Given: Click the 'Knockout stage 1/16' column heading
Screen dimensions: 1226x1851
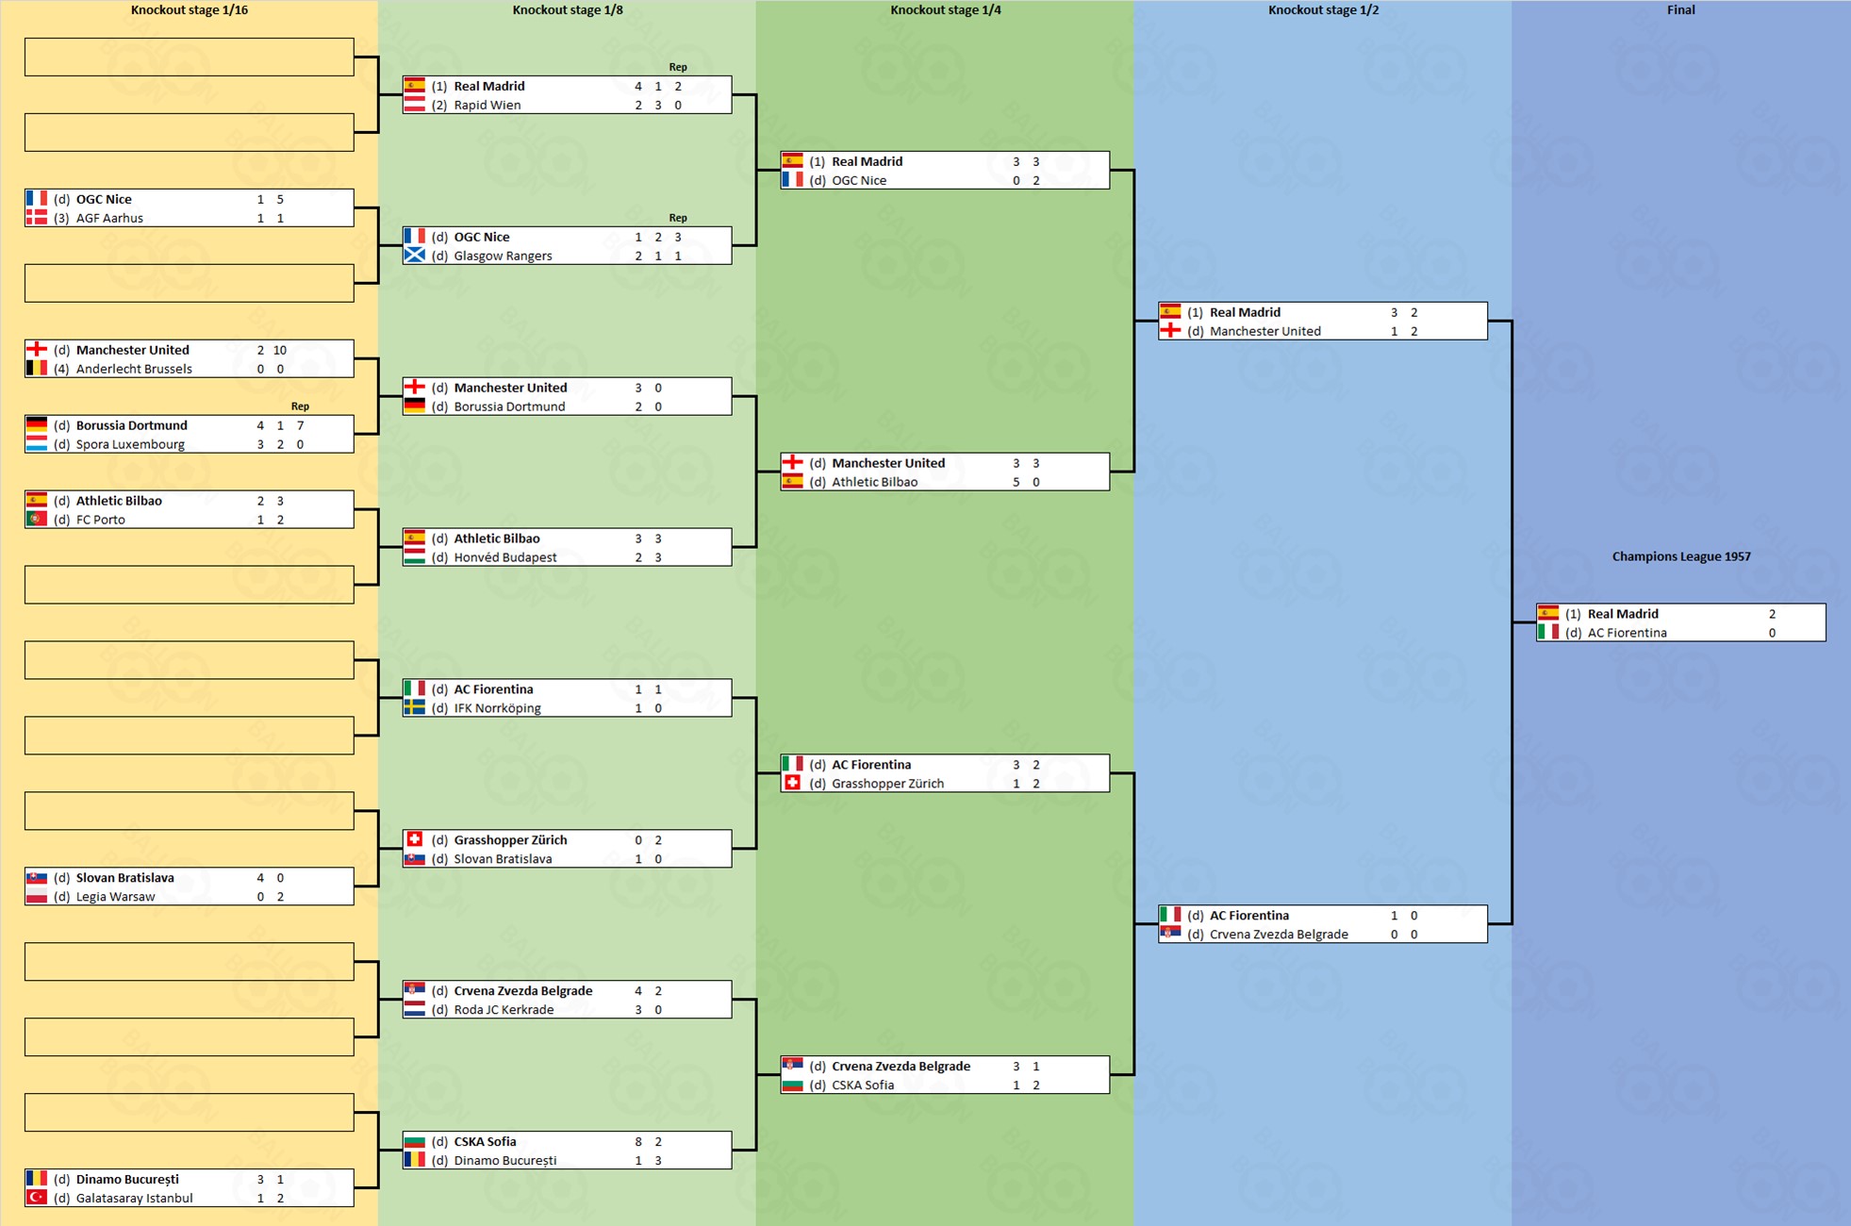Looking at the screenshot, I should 189,10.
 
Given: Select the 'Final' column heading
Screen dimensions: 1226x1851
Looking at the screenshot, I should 1680,10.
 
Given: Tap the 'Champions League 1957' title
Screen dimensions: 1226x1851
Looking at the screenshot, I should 1680,556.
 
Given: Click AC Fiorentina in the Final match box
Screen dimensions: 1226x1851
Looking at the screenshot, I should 1627,633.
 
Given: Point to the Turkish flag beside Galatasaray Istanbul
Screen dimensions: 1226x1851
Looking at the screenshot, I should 37,1198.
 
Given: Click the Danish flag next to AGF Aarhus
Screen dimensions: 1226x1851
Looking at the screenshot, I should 37,218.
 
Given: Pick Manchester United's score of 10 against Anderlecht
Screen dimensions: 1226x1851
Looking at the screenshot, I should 280,350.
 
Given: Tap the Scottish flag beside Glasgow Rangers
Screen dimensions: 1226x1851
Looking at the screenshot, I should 414,256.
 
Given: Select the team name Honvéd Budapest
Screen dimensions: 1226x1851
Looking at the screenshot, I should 505,557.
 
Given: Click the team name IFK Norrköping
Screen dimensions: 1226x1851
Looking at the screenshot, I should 497,708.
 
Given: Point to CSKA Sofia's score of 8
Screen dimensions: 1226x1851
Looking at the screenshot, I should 638,1142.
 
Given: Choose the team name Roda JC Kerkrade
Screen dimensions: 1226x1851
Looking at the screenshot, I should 504,1010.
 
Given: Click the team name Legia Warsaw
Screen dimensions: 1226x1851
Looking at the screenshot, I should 115,897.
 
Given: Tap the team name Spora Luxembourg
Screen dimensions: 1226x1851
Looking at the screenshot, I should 130,444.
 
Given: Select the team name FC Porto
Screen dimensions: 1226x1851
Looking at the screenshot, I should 100,520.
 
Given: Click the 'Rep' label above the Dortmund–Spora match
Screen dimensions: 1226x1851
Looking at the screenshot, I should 300,406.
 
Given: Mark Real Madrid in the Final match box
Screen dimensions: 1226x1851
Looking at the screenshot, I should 1622,614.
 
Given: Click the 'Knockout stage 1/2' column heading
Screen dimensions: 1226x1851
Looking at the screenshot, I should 1322,10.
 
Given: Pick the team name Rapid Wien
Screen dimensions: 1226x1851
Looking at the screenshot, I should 487,105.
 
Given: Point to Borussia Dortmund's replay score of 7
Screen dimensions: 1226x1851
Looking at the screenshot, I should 300,425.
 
